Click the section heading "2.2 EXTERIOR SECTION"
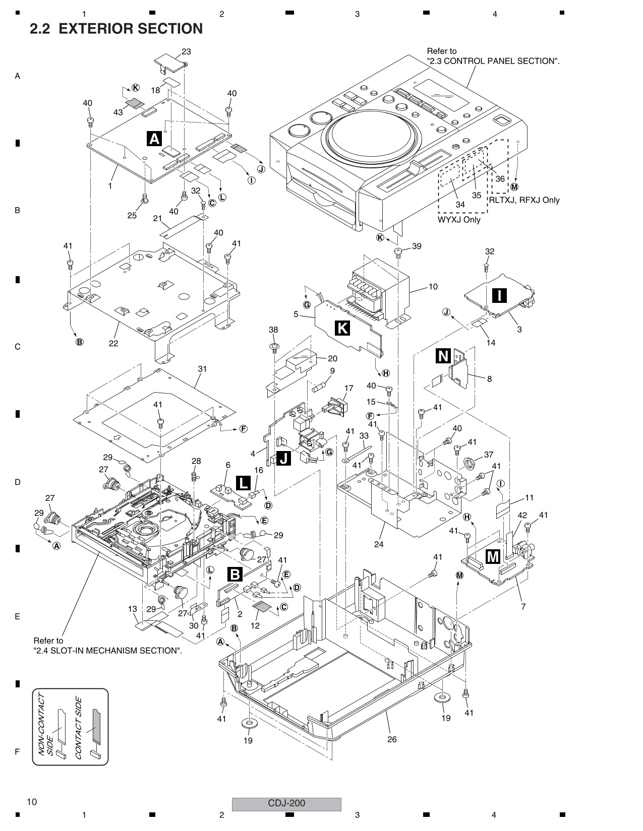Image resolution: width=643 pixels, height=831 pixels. tap(116, 29)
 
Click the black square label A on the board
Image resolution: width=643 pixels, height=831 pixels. tap(154, 138)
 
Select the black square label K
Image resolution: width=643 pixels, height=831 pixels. tap(342, 328)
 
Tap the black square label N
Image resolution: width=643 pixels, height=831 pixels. tap(443, 356)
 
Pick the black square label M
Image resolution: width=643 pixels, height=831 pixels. tap(492, 556)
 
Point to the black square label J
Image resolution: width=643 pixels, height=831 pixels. tap(283, 458)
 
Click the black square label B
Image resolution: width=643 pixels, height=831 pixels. tap(236, 574)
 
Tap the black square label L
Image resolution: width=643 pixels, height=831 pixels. tap(243, 483)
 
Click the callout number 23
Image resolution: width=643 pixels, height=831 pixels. tap(186, 51)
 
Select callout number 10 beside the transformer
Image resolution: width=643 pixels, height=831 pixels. tap(433, 287)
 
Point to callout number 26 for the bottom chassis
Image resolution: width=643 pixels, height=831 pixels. tap(392, 739)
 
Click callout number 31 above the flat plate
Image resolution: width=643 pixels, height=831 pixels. tap(202, 369)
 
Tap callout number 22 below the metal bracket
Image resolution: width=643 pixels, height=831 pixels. tap(113, 343)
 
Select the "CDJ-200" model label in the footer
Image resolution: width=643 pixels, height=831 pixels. tap(286, 803)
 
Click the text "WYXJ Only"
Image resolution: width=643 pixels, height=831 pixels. tap(459, 220)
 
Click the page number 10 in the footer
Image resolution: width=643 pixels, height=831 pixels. tap(32, 802)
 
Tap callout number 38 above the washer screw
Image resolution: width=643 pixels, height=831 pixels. tap(273, 330)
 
